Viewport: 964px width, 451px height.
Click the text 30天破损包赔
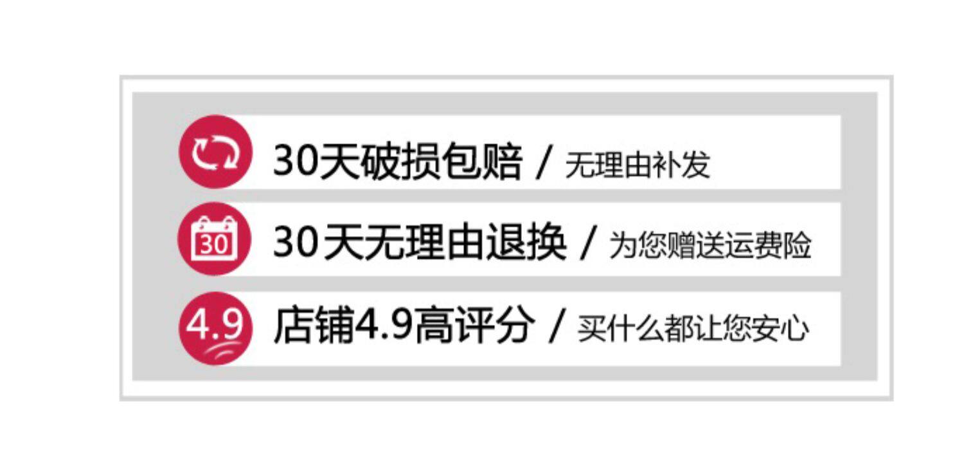coord(398,161)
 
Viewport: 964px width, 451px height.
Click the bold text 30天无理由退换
coord(420,244)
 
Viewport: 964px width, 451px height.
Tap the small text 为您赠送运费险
coord(710,246)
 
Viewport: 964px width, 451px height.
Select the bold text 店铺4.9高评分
coord(404,326)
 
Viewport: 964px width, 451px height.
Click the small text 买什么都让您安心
coord(693,329)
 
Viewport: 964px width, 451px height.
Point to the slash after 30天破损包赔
coord(544,163)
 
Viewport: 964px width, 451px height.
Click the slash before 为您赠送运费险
coord(588,245)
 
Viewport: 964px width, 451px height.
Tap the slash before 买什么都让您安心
coord(557,327)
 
